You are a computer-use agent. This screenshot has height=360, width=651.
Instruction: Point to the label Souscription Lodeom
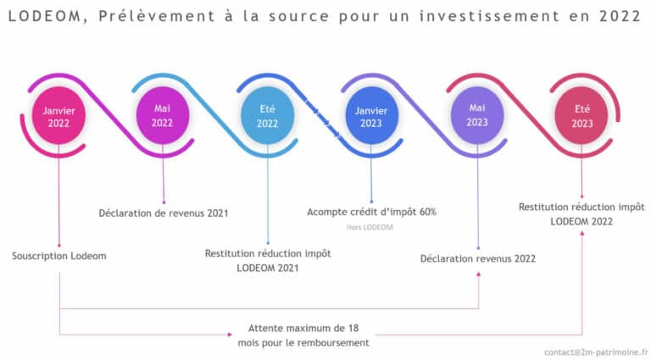click(x=59, y=256)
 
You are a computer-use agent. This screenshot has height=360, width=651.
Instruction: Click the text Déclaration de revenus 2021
click(x=163, y=213)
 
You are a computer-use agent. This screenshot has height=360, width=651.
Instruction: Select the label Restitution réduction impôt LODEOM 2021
click(x=268, y=260)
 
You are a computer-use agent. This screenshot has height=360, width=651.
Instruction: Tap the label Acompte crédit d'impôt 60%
click(x=371, y=212)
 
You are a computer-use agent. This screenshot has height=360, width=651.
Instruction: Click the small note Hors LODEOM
click(x=370, y=227)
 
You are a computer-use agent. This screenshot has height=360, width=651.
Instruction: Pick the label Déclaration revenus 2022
click(x=477, y=258)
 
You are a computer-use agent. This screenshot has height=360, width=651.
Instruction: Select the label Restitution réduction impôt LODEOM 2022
click(x=581, y=213)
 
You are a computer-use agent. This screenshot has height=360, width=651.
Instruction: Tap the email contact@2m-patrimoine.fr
click(x=596, y=350)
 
